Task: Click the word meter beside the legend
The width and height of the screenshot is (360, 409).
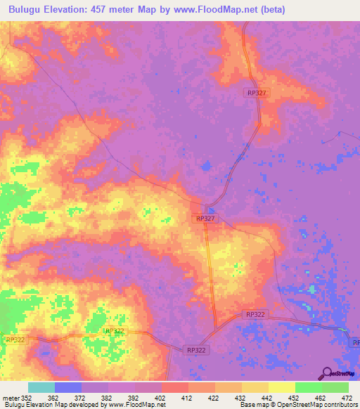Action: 10,398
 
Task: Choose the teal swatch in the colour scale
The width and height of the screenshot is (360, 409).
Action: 41,387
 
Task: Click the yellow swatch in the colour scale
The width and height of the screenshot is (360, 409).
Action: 281,387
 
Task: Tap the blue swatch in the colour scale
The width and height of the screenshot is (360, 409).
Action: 68,387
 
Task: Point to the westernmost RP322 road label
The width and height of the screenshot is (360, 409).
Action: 15,339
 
